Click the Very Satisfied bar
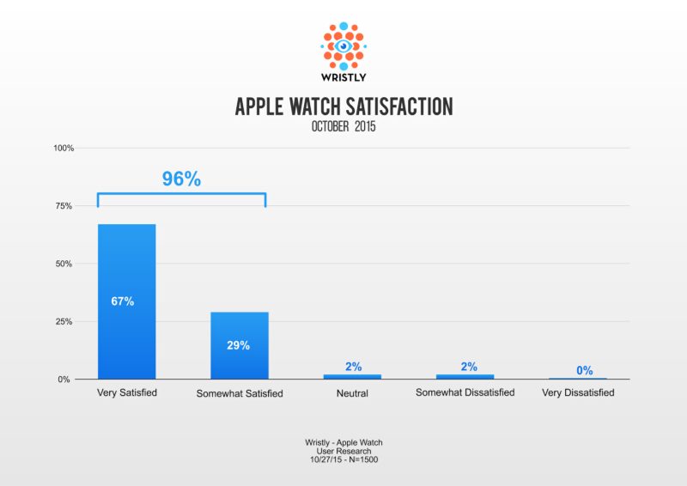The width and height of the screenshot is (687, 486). click(x=126, y=301)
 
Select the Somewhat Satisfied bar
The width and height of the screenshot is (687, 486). click(x=240, y=345)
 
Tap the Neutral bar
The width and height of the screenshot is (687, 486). click(x=352, y=376)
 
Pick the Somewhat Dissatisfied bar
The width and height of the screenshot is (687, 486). click(x=465, y=376)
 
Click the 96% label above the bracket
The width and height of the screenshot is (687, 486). click(x=181, y=179)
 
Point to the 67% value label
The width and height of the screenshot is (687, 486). click(x=123, y=301)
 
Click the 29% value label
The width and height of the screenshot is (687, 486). click(x=239, y=345)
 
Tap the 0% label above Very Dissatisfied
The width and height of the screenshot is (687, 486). click(x=585, y=371)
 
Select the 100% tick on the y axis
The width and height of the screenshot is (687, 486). click(x=64, y=149)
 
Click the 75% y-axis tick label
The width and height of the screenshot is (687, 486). click(x=64, y=206)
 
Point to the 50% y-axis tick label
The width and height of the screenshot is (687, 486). click(x=64, y=264)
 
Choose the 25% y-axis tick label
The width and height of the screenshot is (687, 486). click(x=64, y=322)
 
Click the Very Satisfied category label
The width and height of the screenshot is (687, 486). click(x=127, y=392)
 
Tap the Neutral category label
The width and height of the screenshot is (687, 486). click(x=352, y=393)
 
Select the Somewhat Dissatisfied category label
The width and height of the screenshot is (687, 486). click(x=465, y=392)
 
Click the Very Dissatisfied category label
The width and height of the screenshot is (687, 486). click(x=578, y=392)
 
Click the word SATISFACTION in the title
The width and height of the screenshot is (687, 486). click(x=399, y=107)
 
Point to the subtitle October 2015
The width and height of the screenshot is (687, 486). click(x=343, y=126)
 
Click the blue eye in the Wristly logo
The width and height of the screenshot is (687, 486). click(x=343, y=46)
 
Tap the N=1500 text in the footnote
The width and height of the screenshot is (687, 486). click(x=363, y=459)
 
